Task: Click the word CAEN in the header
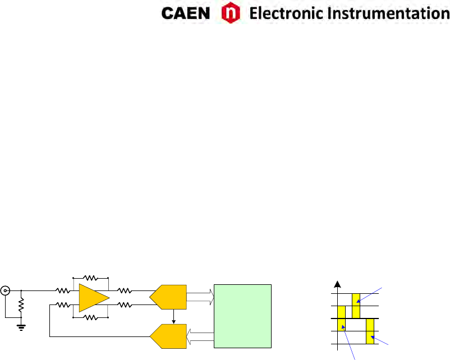tap(185, 13)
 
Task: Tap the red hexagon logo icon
tap(229, 13)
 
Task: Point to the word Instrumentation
tap(382, 13)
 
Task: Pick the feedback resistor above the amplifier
tap(90, 278)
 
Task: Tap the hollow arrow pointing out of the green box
tap(201, 336)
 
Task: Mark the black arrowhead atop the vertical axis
tap(337, 284)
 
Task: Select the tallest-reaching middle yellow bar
tap(356, 304)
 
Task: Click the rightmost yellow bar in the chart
tap(370, 331)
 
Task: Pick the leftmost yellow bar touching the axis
tap(341, 325)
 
